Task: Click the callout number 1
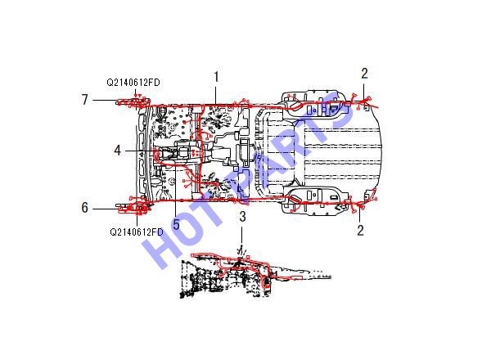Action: point(216,77)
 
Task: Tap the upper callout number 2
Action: point(364,74)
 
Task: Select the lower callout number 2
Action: point(361,231)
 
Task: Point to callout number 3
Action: point(242,217)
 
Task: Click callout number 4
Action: point(117,151)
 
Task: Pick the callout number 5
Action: point(176,224)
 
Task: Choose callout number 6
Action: point(85,208)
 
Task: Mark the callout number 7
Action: point(85,100)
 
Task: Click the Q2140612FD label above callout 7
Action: point(133,83)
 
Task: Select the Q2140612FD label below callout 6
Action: point(137,232)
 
